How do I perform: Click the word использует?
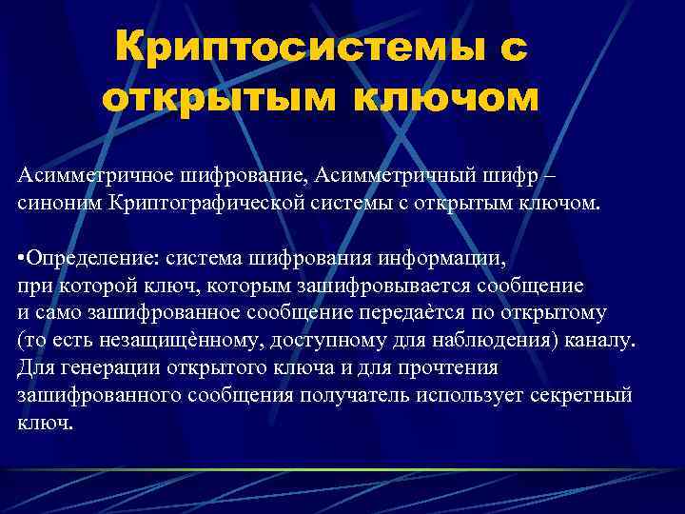[x=463, y=394]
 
